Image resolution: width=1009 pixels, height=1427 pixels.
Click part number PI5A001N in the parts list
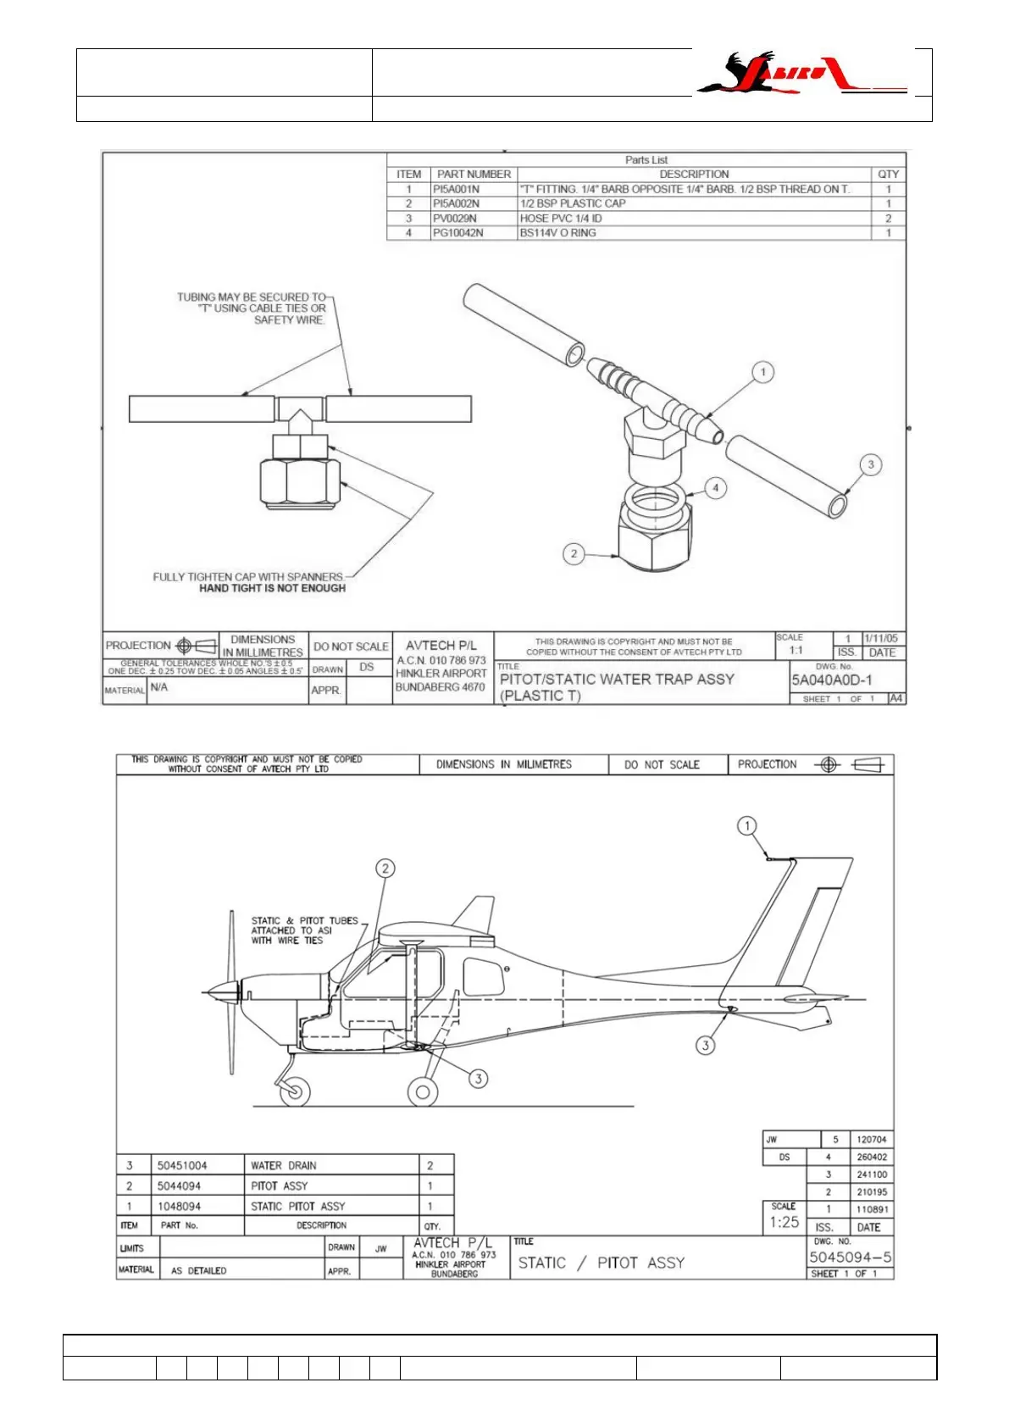point(456,189)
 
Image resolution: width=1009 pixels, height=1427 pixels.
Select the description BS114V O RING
point(557,232)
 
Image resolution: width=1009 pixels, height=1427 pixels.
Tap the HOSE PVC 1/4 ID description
point(561,218)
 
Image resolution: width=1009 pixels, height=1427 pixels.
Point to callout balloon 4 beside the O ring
point(716,487)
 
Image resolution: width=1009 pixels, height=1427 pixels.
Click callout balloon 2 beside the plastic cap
point(574,553)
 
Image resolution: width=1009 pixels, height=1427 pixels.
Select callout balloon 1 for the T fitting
point(762,372)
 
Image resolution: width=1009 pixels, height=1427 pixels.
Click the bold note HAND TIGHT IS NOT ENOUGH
point(272,588)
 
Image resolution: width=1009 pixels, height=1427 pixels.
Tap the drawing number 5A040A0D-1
point(831,680)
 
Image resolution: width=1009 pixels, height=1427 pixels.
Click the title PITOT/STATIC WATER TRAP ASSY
point(617,679)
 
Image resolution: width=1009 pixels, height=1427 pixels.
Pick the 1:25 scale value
point(784,1222)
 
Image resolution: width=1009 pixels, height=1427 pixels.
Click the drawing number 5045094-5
point(850,1258)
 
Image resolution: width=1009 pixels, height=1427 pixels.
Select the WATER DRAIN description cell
point(283,1165)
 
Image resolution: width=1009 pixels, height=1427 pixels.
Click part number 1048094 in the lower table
point(179,1206)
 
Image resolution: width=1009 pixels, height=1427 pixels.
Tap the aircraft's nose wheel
point(294,1091)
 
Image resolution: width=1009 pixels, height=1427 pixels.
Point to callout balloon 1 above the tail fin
point(746,825)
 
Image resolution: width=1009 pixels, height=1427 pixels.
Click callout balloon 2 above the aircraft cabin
point(385,868)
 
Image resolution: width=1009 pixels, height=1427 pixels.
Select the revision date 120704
point(871,1140)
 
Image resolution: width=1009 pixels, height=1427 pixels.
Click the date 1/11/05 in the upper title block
point(881,638)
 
